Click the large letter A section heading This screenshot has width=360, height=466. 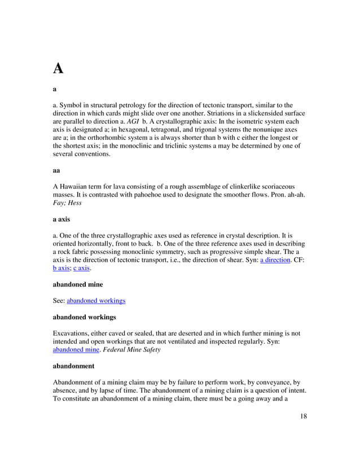click(x=58, y=69)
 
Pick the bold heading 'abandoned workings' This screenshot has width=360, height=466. click(x=84, y=317)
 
